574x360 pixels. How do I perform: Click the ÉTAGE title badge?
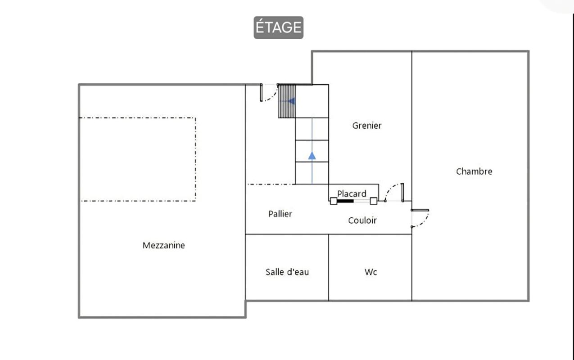(x=279, y=27)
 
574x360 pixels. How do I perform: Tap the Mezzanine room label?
(x=164, y=245)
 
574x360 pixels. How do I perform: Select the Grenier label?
(x=367, y=126)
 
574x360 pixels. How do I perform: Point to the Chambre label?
(x=474, y=171)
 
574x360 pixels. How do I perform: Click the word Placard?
(x=352, y=193)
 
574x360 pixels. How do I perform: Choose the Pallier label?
(x=280, y=214)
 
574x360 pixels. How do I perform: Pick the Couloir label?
(x=362, y=220)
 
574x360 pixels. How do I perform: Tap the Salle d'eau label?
(x=287, y=272)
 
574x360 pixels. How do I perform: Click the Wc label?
(x=371, y=272)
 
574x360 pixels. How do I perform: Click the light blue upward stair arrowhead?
(x=312, y=156)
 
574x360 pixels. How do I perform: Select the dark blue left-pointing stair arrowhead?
(x=292, y=101)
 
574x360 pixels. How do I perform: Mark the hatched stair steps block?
(x=287, y=101)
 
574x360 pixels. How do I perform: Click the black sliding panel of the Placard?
(x=345, y=201)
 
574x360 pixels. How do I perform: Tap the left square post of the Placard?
(x=334, y=201)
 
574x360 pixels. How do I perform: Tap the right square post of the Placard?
(x=373, y=201)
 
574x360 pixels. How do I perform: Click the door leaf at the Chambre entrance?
(x=420, y=210)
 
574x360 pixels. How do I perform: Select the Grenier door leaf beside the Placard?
(x=402, y=193)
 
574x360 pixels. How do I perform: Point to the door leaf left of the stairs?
(x=261, y=93)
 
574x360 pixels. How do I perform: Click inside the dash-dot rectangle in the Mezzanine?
(x=138, y=159)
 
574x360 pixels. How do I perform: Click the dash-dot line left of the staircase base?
(x=271, y=184)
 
